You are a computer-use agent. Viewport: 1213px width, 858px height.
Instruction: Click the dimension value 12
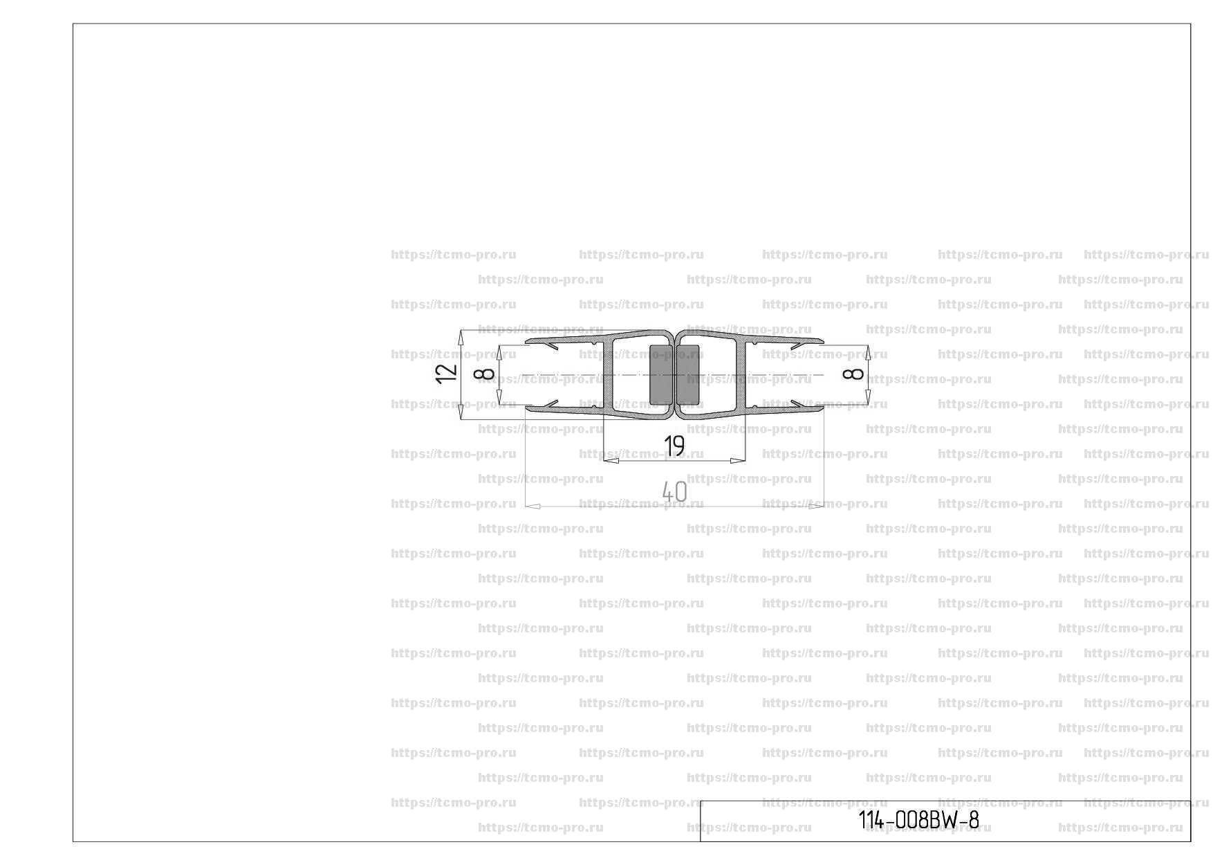447,373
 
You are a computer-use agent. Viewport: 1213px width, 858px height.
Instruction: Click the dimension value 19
674,446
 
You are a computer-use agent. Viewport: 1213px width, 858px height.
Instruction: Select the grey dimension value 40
674,492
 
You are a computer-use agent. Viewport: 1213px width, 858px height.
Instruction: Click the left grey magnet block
660,374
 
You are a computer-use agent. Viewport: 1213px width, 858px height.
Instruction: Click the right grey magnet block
687,374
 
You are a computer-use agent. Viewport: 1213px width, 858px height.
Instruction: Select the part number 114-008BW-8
918,821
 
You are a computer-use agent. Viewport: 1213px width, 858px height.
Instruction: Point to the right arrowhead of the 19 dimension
738,460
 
